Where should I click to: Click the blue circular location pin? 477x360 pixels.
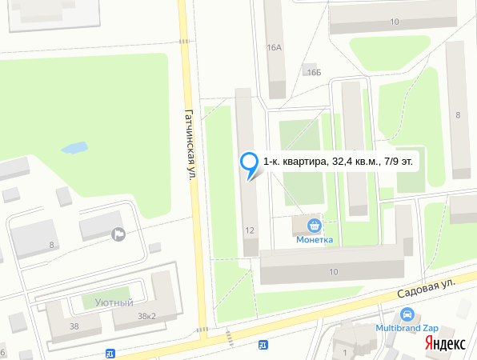click(x=251, y=163)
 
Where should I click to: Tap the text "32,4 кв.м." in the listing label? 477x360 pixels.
click(x=351, y=162)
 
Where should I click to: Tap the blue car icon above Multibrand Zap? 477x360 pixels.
click(x=407, y=315)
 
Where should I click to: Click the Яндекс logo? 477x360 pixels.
click(x=445, y=343)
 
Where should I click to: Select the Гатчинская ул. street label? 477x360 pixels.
click(x=190, y=144)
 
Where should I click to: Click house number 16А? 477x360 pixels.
click(x=275, y=47)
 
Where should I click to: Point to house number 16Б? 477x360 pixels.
click(x=312, y=72)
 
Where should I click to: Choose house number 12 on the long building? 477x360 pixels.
click(x=250, y=230)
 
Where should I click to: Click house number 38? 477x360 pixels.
click(x=74, y=326)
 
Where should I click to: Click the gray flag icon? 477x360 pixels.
click(x=119, y=234)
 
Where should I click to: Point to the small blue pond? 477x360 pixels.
click(x=74, y=148)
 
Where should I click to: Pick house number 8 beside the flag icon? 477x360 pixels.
click(x=52, y=245)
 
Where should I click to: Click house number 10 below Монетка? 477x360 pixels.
click(x=333, y=273)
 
